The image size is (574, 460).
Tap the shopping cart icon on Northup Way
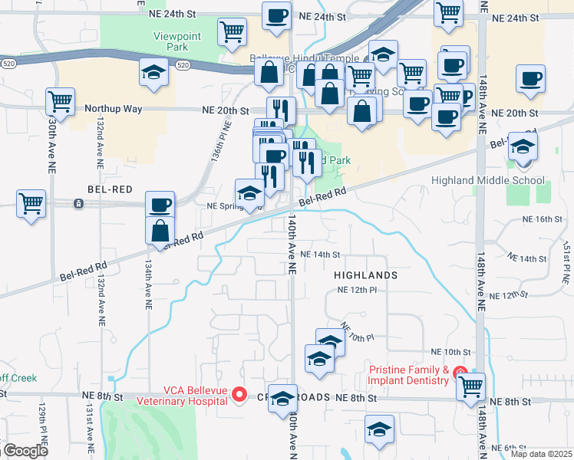pos(59,101)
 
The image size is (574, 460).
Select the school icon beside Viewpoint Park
pos(154,73)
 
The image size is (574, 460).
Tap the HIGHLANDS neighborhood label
pos(366,274)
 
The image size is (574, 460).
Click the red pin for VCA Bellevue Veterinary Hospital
pos(239,395)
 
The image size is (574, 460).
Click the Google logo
pos(25,451)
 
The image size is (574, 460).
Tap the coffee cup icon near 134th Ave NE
pos(160,205)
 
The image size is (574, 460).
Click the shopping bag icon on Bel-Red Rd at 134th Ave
pos(160,229)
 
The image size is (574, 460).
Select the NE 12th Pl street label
pos(358,291)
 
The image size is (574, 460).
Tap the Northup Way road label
pos(114,109)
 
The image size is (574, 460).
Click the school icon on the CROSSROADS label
pos(282,398)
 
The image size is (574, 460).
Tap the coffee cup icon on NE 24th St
pos(276,15)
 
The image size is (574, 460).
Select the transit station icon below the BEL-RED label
pos(78,204)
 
